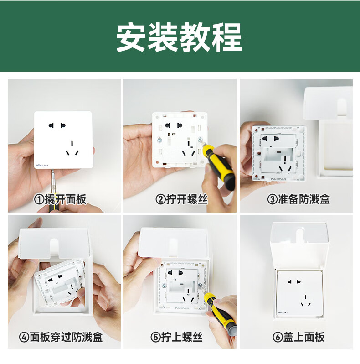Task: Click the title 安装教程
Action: [179, 37]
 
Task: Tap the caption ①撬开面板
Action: [60, 199]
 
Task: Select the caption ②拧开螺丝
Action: [181, 199]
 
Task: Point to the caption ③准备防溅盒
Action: [298, 199]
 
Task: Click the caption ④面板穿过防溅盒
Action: [61, 337]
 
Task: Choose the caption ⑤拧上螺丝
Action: [176, 337]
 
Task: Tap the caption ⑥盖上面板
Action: [298, 337]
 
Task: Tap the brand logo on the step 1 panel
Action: [42, 166]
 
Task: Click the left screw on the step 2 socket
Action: [159, 140]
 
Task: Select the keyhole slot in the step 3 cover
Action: [341, 106]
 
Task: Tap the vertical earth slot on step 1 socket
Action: [72, 143]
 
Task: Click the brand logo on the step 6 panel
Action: [282, 312]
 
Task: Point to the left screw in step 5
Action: [164, 286]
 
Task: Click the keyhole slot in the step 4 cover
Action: [54, 246]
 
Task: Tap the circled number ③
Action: [272, 199]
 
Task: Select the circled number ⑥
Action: [278, 337]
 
